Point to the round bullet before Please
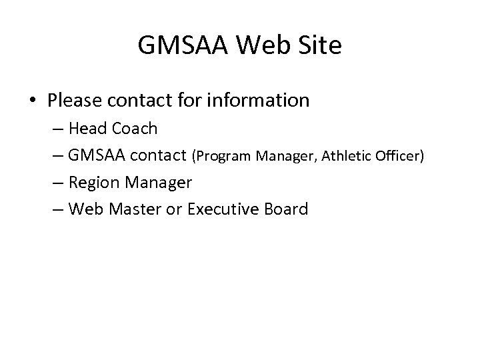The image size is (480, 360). (33, 101)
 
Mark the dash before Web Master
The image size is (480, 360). (57, 210)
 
